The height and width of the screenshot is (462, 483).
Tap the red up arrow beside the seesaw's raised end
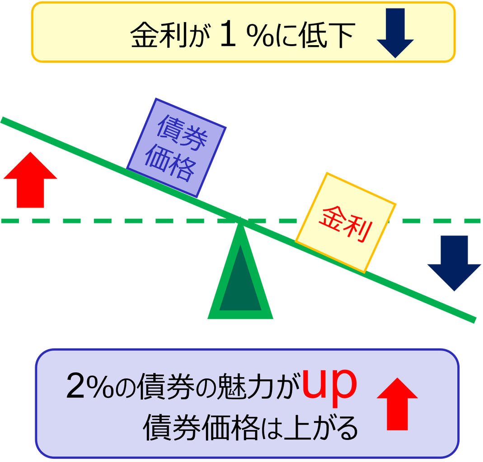pyautogui.click(x=30, y=180)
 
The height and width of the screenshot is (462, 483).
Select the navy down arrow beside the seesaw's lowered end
pyautogui.click(x=454, y=263)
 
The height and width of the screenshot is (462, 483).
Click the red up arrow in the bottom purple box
pyautogui.click(x=397, y=404)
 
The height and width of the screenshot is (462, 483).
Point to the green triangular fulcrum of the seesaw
pyautogui.click(x=240, y=277)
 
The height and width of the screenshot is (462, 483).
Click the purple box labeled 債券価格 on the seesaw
pyautogui.click(x=176, y=148)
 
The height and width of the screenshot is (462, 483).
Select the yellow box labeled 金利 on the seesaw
pyautogui.click(x=346, y=223)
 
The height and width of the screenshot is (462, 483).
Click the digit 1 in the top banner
pyautogui.click(x=228, y=34)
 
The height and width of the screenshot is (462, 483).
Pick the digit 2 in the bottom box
pyautogui.click(x=75, y=386)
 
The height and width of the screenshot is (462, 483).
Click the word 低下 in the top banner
pyautogui.click(x=326, y=35)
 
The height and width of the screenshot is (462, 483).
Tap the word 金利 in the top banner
pyautogui.click(x=159, y=35)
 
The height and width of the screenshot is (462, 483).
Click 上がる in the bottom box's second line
pyautogui.click(x=321, y=428)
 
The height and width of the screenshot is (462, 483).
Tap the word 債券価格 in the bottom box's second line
pyautogui.click(x=201, y=428)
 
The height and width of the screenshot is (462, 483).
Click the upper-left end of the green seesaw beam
pyautogui.click(x=2, y=120)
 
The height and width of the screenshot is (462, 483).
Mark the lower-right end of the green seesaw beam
pyautogui.click(x=475, y=319)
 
